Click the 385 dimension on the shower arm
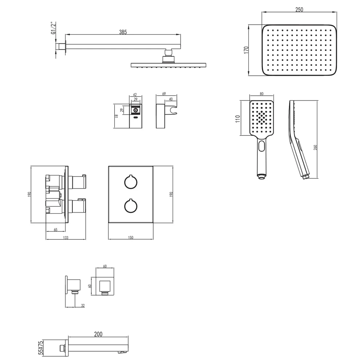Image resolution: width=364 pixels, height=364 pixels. [x=123, y=32]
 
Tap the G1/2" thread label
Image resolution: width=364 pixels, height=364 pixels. [x=53, y=28]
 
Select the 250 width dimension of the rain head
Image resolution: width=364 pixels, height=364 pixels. [x=299, y=9]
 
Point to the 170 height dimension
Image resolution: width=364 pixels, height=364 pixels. [x=246, y=50]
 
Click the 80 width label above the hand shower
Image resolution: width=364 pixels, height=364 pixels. [x=262, y=94]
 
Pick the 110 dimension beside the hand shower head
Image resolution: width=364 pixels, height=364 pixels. [x=237, y=119]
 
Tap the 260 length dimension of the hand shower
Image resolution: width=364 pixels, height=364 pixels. [x=315, y=147]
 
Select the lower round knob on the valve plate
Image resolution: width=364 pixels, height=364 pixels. [x=131, y=206]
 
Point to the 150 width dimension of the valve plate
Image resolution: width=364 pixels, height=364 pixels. [x=131, y=237]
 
